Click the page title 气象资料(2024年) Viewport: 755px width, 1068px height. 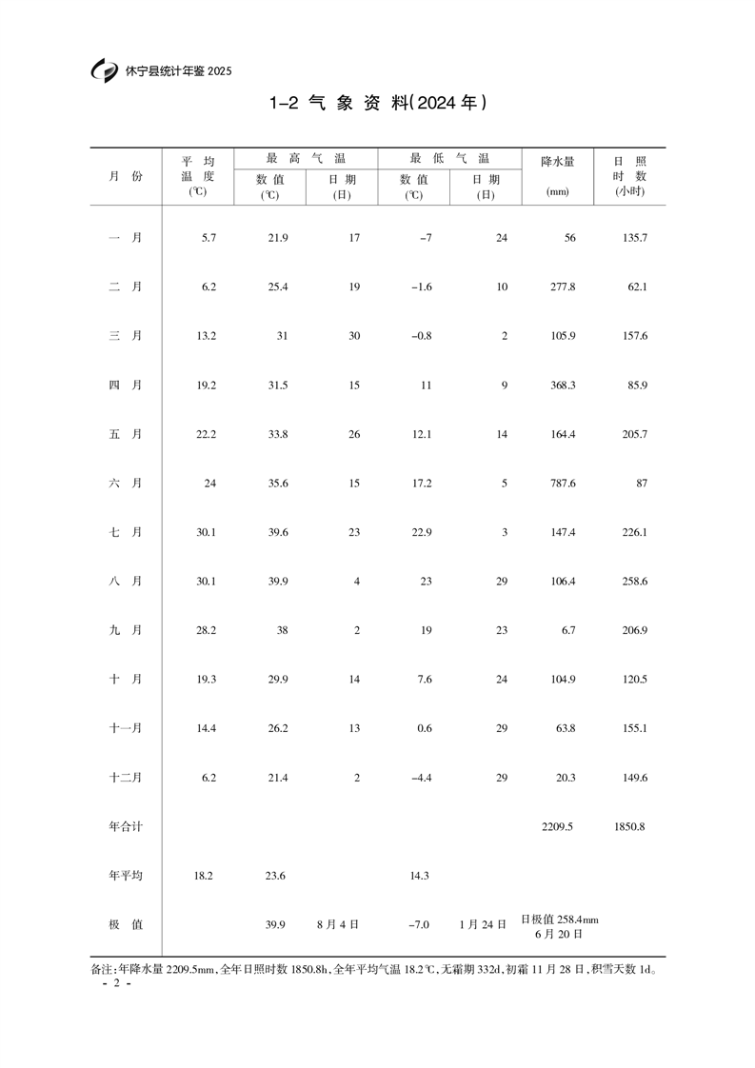(x=377, y=103)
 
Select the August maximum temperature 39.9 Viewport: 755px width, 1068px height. (x=277, y=582)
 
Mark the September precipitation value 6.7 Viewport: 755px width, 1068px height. (x=566, y=631)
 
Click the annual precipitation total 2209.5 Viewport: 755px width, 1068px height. (x=557, y=827)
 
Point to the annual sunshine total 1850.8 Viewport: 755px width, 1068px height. (x=629, y=827)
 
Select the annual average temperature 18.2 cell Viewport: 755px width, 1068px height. (x=204, y=876)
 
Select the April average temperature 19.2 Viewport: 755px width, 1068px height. (x=207, y=386)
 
